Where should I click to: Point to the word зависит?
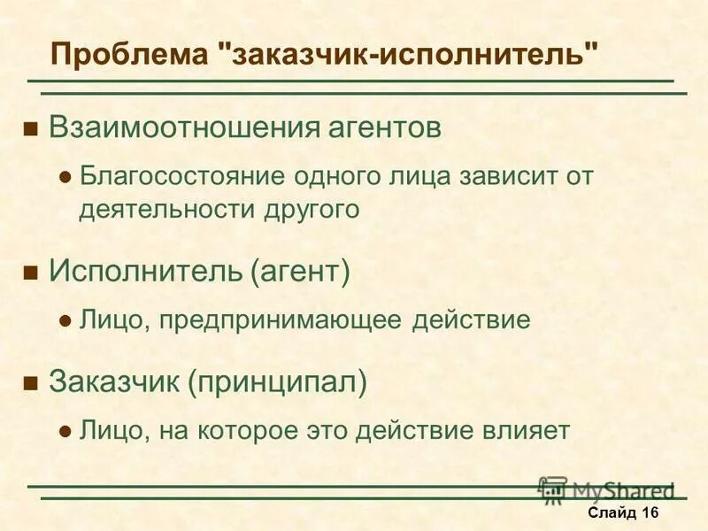pyautogui.click(x=505, y=175)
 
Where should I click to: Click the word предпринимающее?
pyautogui.click(x=283, y=319)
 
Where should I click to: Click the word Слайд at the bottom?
pyautogui.click(x=611, y=513)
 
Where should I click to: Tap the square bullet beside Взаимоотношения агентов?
pyautogui.click(x=31, y=129)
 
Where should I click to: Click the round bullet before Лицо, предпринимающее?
pyautogui.click(x=64, y=321)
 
